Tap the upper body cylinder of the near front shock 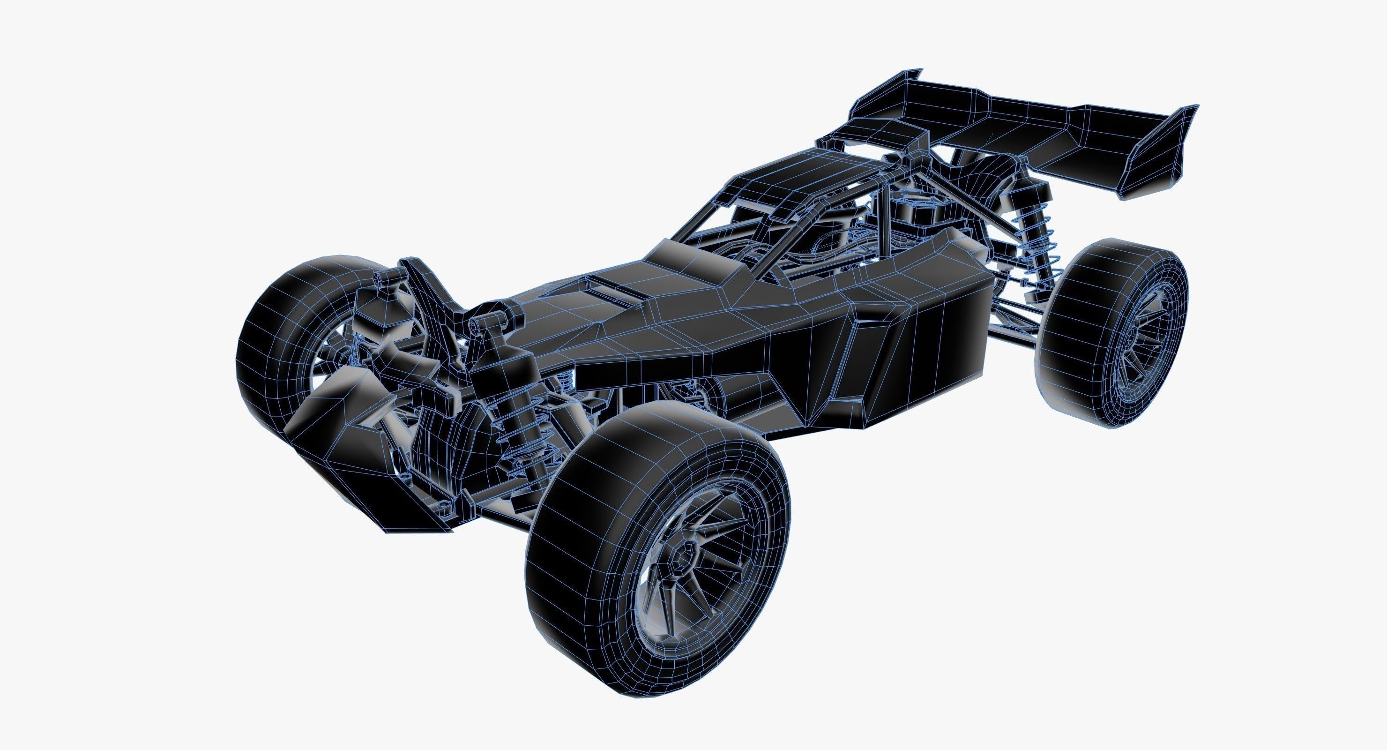pyautogui.click(x=495, y=372)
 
